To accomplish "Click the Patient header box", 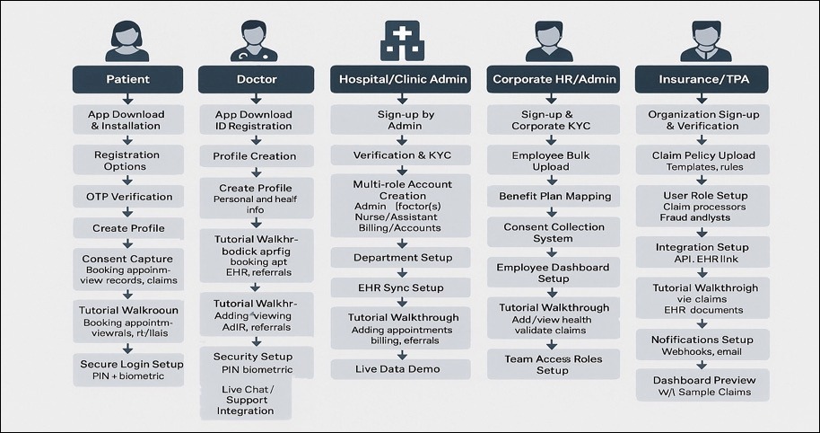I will (127, 79).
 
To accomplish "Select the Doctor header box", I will (257, 79).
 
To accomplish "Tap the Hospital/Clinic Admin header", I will (403, 79).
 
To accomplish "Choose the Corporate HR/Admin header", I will (554, 79).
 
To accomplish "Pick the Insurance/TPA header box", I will (703, 79).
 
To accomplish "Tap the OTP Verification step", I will (127, 197).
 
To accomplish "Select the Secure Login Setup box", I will (127, 369).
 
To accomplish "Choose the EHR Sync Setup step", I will (401, 288).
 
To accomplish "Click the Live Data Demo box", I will (401, 368).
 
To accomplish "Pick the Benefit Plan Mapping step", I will (554, 196).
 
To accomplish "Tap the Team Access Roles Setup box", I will (554, 364).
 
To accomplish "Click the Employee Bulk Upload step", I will (554, 161).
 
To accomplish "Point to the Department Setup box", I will (401, 257).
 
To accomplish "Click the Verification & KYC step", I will (401, 155).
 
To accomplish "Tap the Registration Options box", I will (127, 160).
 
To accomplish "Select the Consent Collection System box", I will (554, 233).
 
